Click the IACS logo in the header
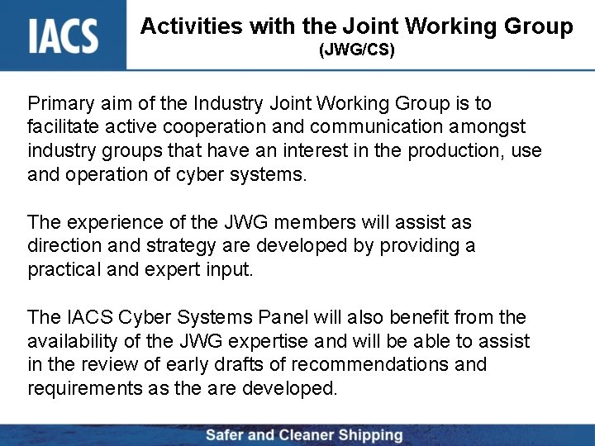[x=64, y=36]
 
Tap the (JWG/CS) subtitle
[x=357, y=51]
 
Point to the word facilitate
[x=63, y=128]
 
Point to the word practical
[x=64, y=270]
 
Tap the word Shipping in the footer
[x=364, y=435]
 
